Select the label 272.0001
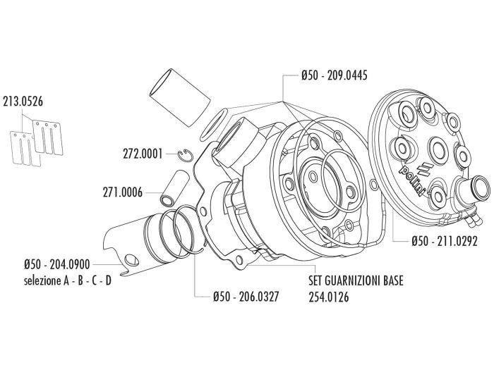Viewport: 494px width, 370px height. pyautogui.click(x=143, y=152)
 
